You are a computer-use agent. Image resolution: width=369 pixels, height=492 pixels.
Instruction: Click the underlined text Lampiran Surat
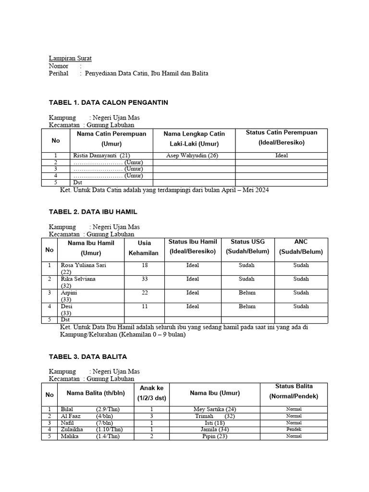[x=70, y=58]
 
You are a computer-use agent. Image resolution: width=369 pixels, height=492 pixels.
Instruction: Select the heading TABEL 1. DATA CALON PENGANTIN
[x=109, y=102]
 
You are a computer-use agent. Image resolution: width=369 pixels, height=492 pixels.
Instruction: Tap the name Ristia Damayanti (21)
[x=101, y=156]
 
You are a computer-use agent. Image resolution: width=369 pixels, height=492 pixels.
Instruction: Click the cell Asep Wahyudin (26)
[x=192, y=156]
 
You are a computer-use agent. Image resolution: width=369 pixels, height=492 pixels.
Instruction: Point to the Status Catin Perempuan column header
[x=281, y=137]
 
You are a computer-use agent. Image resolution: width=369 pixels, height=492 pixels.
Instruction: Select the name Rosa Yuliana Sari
[x=83, y=265]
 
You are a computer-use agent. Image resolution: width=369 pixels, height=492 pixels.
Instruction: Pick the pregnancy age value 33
[x=145, y=279]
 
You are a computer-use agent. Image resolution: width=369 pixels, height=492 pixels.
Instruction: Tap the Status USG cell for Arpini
[x=247, y=293]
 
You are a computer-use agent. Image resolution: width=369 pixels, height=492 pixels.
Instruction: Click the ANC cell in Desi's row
[x=301, y=306]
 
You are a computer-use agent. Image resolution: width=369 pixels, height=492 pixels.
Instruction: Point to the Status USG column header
[x=247, y=246]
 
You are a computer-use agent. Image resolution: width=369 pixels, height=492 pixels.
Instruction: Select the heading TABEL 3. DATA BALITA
[x=88, y=357]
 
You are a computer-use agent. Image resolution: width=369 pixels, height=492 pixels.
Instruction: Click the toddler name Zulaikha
[x=73, y=430]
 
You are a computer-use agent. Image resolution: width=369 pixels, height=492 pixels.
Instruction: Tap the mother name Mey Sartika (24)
[x=214, y=409]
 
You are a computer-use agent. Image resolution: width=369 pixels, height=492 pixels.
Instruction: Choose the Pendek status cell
[x=294, y=430]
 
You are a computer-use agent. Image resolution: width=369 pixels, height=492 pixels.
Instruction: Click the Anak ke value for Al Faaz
[x=151, y=416]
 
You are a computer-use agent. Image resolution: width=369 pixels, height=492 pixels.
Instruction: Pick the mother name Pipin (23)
[x=214, y=436]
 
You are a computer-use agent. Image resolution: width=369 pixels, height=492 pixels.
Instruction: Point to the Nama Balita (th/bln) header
[x=96, y=393]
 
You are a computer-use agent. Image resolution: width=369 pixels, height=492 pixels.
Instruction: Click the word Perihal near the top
[x=59, y=74]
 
